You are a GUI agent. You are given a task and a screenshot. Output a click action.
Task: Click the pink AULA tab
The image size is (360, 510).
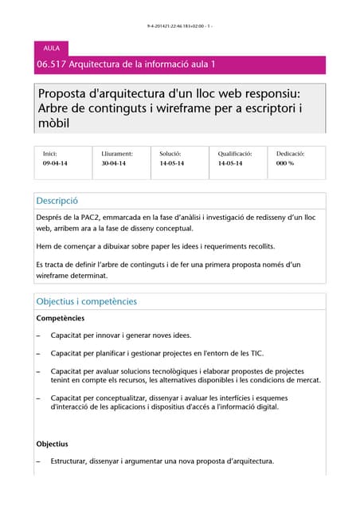click(52, 49)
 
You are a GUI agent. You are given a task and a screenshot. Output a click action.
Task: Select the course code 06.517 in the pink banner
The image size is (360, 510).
click(51, 65)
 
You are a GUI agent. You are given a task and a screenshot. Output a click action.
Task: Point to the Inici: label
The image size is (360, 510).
click(50, 153)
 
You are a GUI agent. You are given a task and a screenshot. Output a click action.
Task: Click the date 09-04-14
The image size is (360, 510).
click(55, 163)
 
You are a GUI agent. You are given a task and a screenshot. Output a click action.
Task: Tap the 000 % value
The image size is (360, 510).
click(285, 163)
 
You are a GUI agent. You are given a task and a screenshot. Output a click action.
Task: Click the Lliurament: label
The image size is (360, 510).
click(117, 153)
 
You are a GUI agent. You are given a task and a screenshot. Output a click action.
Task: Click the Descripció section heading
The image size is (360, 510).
click(57, 201)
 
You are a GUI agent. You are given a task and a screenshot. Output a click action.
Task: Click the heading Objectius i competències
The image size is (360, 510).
click(87, 301)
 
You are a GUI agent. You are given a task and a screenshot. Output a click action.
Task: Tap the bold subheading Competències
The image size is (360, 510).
click(61, 318)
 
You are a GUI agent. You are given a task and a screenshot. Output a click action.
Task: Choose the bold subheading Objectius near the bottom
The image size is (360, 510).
click(53, 444)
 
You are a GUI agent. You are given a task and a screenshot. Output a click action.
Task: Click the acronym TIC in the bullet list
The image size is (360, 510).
click(256, 353)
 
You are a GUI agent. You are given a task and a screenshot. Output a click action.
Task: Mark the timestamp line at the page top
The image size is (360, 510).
click(179, 26)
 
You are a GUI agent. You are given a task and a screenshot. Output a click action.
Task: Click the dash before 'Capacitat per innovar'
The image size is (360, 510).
click(39, 335)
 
